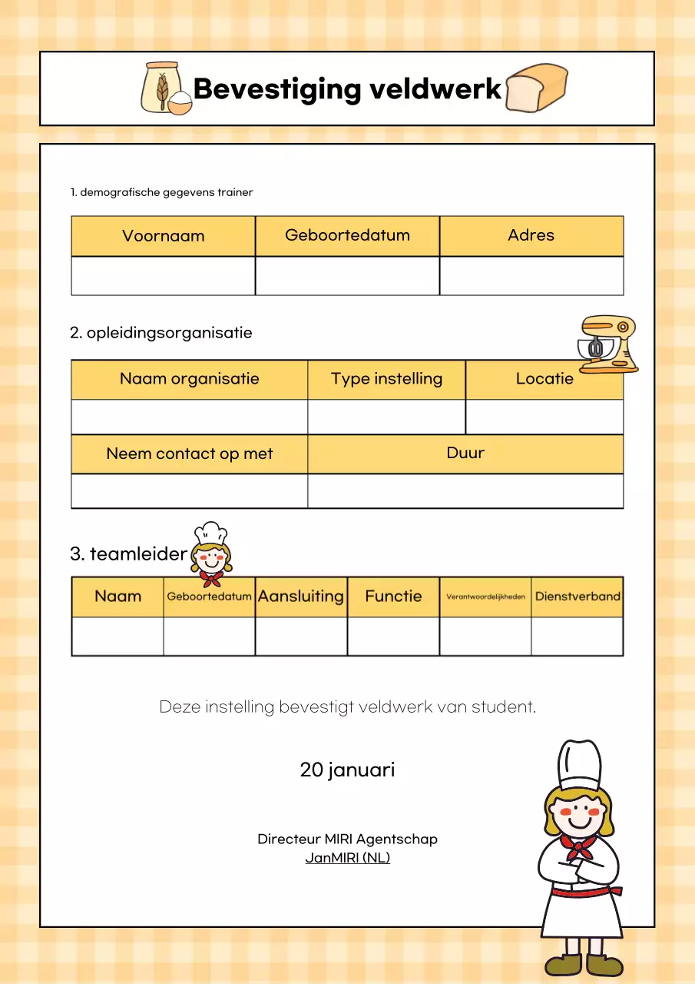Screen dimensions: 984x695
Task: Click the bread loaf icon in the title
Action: coord(537,88)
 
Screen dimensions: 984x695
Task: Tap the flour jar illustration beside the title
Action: coord(164,88)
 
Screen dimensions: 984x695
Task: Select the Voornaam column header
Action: coord(163,236)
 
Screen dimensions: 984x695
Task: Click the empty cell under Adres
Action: coord(531,276)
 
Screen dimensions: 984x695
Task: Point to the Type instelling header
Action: coord(386,379)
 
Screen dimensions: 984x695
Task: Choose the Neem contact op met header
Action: coord(190,454)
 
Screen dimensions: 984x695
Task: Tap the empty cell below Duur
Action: coord(465,491)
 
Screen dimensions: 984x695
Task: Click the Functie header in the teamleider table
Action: coord(393,597)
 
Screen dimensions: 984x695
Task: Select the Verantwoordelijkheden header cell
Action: coord(485,597)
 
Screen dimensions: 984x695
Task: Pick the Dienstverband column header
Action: coord(578,597)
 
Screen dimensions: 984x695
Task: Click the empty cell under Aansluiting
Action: coord(301,637)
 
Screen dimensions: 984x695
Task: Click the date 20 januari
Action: coord(347,770)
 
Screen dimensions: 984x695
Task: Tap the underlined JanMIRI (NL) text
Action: coord(347,858)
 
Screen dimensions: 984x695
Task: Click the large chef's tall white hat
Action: coord(579,764)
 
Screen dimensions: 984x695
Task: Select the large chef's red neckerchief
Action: coord(578,846)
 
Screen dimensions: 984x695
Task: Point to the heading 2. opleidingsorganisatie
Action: coord(161,333)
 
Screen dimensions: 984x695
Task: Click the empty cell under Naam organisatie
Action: coord(190,417)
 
